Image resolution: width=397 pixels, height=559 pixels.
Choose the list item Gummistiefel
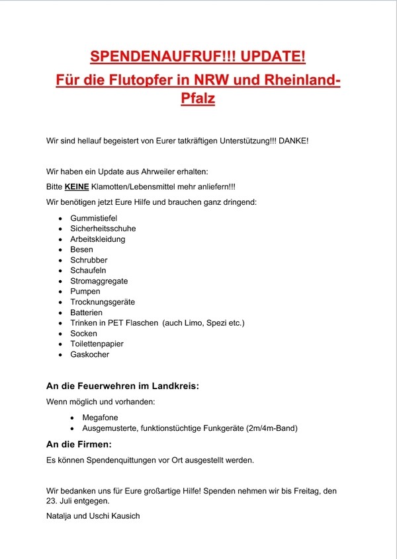point(94,217)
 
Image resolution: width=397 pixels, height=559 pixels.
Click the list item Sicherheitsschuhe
point(103,228)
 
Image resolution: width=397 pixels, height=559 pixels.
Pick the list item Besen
point(81,249)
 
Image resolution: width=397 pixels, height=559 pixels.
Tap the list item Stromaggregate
point(99,281)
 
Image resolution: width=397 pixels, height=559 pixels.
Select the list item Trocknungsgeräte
point(102,302)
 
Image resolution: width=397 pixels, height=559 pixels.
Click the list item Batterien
point(87,313)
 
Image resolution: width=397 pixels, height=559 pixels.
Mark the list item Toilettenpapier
point(97,344)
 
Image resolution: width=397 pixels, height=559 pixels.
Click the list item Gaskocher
point(89,354)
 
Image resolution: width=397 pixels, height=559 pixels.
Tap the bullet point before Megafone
point(72,418)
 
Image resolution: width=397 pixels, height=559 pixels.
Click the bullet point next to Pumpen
point(60,291)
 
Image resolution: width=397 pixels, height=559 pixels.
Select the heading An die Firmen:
point(79,445)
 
